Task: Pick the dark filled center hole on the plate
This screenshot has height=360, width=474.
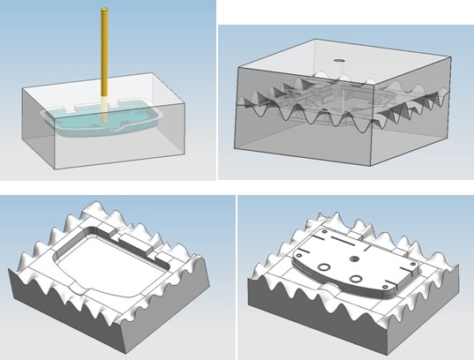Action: click(x=352, y=259)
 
